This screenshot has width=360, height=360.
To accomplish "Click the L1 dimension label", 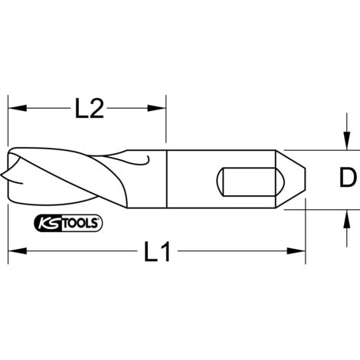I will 157,252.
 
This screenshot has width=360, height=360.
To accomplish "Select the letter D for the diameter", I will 347,179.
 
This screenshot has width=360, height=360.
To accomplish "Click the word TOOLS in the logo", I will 79,224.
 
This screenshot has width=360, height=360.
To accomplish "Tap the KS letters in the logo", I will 46,224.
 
